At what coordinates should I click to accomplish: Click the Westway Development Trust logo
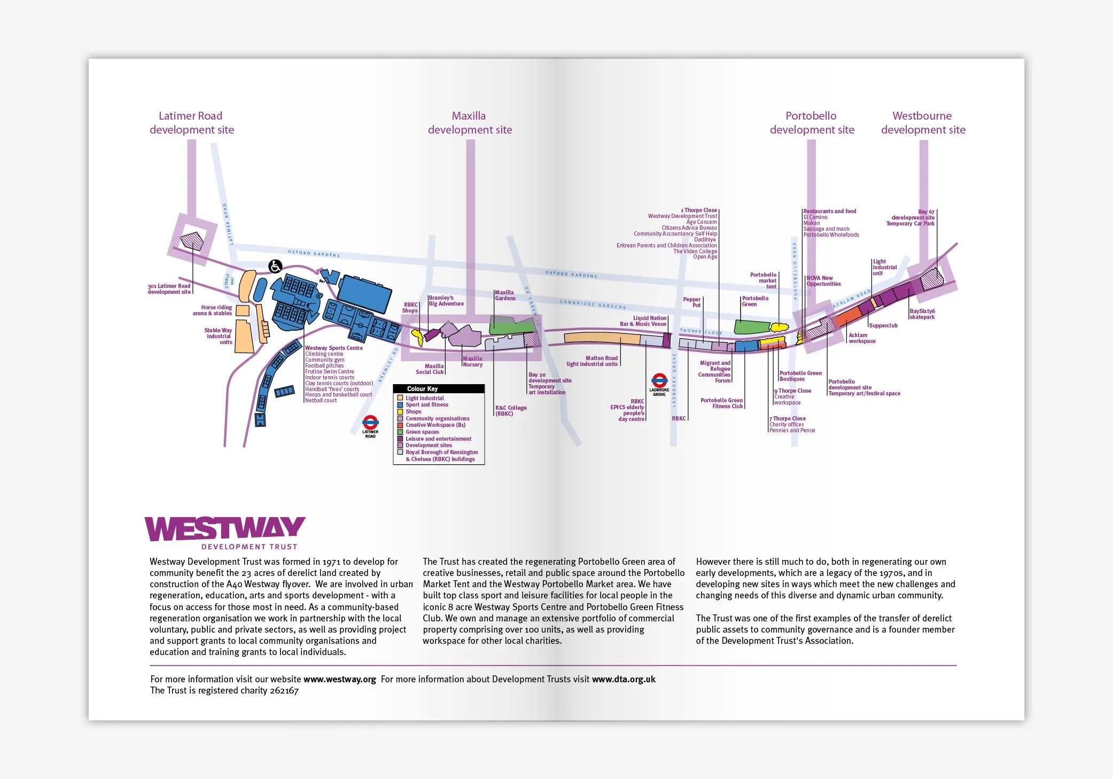(x=224, y=532)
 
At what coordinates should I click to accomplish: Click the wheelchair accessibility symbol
(x=275, y=266)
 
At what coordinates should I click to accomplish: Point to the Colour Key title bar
(x=439, y=389)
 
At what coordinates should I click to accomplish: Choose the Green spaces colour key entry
(x=422, y=432)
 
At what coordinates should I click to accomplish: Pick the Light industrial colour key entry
(x=424, y=398)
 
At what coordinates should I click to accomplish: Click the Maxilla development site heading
(x=470, y=123)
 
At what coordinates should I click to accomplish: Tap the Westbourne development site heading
(x=923, y=123)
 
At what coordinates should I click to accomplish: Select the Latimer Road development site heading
(x=191, y=123)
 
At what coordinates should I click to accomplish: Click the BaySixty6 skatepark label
(x=922, y=314)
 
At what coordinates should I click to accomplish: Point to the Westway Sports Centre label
(x=334, y=348)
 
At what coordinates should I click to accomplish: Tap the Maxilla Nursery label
(x=472, y=362)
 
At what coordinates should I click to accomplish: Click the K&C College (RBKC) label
(x=511, y=410)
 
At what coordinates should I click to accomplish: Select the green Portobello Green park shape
(x=751, y=326)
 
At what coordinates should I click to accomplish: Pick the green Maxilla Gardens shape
(x=511, y=325)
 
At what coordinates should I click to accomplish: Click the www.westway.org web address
(x=339, y=679)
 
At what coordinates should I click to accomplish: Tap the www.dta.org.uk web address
(x=624, y=679)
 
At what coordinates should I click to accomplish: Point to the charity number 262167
(x=284, y=690)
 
